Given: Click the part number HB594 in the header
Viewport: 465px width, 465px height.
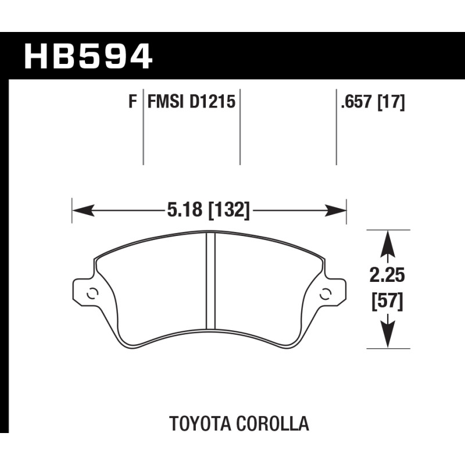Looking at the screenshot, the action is point(88,56).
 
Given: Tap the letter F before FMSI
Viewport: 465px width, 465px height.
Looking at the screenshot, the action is point(133,102).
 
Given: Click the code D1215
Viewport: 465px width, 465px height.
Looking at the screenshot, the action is point(212,102).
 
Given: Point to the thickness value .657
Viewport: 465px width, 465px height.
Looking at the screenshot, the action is point(356,102).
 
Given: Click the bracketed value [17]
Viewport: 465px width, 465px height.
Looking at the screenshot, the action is point(391,103).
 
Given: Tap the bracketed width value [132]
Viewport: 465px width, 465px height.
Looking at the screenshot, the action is point(229,210).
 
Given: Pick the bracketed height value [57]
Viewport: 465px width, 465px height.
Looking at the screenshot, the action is point(387,301).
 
